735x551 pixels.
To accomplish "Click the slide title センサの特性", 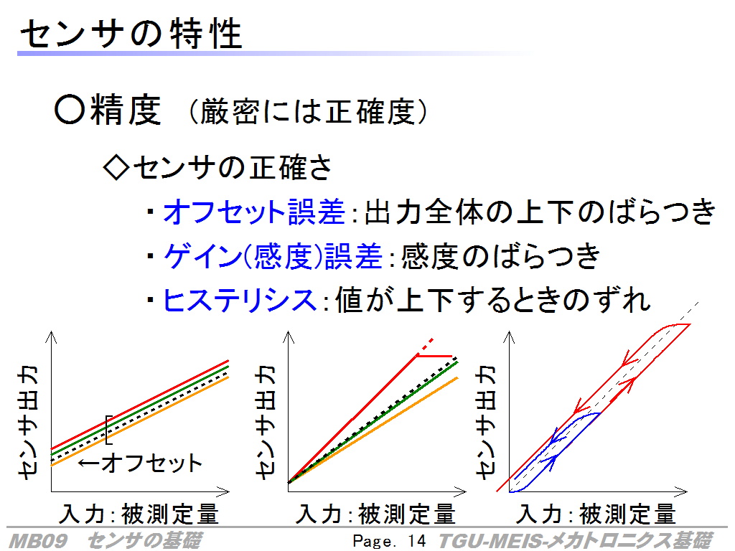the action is [131, 34].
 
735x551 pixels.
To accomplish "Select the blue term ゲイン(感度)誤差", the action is [273, 256].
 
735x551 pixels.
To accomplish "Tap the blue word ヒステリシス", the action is [240, 300].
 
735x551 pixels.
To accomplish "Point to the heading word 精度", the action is [126, 110].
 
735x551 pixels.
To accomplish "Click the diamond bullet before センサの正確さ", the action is [116, 168].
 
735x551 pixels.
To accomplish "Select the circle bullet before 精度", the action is [70, 110].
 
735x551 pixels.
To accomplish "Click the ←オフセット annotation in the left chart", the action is [140, 463].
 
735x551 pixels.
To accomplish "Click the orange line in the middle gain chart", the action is [373, 430].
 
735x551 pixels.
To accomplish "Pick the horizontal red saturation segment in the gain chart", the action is [434, 356].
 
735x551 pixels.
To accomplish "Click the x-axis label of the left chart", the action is [139, 514].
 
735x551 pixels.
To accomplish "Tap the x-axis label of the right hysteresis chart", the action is [596, 514].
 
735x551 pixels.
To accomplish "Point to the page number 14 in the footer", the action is [417, 541].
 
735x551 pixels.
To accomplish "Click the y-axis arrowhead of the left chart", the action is [51, 336].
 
